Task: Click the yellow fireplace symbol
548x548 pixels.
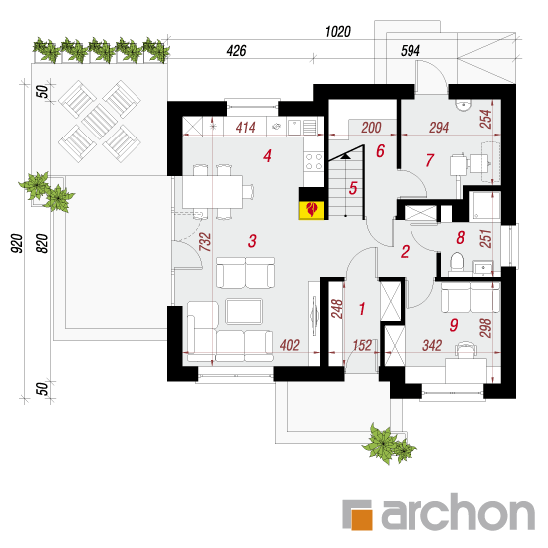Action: (x=312, y=210)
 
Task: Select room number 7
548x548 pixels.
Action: (x=429, y=160)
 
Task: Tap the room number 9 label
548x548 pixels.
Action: (x=454, y=325)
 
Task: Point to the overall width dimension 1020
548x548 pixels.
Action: (x=337, y=32)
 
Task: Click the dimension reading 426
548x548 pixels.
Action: (x=236, y=51)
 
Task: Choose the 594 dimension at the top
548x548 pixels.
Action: (x=410, y=51)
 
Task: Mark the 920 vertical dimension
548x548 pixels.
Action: (x=16, y=243)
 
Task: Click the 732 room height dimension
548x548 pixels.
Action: (x=205, y=242)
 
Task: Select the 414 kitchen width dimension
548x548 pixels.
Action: (x=246, y=128)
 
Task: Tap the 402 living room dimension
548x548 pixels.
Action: (x=289, y=345)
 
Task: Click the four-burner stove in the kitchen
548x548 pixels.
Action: (x=314, y=161)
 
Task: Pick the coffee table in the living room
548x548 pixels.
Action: (x=244, y=311)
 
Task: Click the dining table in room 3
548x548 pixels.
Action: (x=213, y=192)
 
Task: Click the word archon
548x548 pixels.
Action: (x=458, y=512)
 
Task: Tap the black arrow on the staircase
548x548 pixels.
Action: (x=346, y=156)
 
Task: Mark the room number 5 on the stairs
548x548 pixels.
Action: (x=353, y=188)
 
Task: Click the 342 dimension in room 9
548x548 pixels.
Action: (x=432, y=345)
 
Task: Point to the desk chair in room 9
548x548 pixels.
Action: (x=466, y=350)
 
